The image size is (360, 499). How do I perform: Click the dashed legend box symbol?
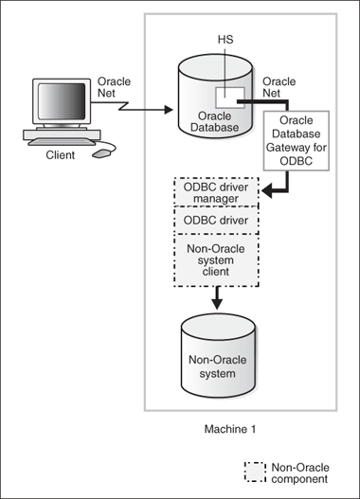[255, 472]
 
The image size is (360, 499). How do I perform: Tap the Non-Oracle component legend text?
[301, 472]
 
